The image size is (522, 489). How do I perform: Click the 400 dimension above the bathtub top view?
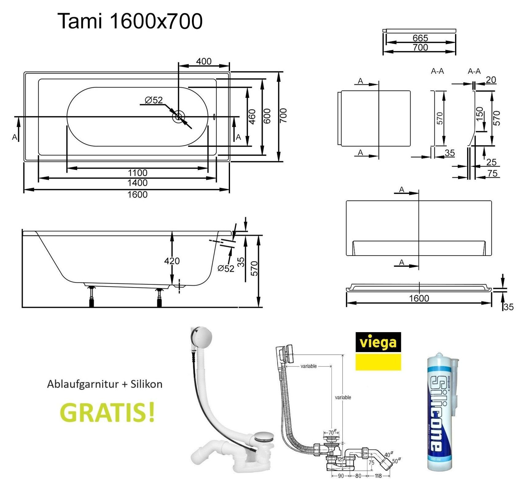click(204, 61)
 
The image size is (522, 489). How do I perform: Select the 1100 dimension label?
click(138, 173)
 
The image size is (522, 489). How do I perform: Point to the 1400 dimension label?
click(138, 183)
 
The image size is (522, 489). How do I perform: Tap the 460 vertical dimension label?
click(252, 116)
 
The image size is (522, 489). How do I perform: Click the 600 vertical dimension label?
click(267, 116)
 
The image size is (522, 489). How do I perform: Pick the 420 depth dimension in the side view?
click(172, 261)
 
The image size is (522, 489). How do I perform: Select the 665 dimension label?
click(420, 38)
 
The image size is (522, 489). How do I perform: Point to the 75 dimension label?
click(492, 173)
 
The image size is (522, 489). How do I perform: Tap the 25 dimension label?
click(491, 162)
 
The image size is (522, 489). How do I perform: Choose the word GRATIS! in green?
click(107, 413)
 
